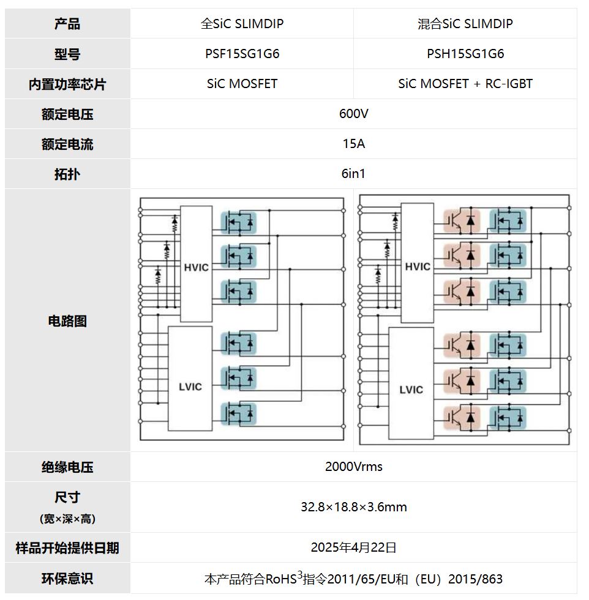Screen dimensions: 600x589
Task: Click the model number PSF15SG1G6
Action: pyautogui.click(x=242, y=54)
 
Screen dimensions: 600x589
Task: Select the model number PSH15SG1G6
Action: pyautogui.click(x=465, y=54)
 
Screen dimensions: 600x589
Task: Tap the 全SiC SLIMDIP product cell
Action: pyautogui.click(x=242, y=24)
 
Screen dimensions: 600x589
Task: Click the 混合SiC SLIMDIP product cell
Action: pyautogui.click(x=465, y=24)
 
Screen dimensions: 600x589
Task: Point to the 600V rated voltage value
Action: pyautogui.click(x=353, y=114)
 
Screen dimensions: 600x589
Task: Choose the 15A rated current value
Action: pyautogui.click(x=353, y=144)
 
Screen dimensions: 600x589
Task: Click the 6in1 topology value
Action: pyautogui.click(x=353, y=174)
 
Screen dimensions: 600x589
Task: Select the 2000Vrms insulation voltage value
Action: pyautogui.click(x=353, y=467)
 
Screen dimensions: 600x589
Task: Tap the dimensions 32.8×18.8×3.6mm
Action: pyautogui.click(x=353, y=507)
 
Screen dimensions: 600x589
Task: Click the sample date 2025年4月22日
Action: pyautogui.click(x=353, y=547)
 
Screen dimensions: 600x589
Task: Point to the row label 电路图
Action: pyautogui.click(x=67, y=321)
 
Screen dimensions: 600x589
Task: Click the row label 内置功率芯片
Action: pyautogui.click(x=67, y=84)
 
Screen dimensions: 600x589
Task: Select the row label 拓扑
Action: pyautogui.click(x=67, y=174)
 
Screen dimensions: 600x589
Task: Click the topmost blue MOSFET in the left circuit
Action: pyautogui.click(x=238, y=221)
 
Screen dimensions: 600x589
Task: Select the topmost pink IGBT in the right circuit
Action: pyautogui.click(x=461, y=221)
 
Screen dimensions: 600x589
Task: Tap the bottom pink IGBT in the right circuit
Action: pyautogui.click(x=461, y=417)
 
